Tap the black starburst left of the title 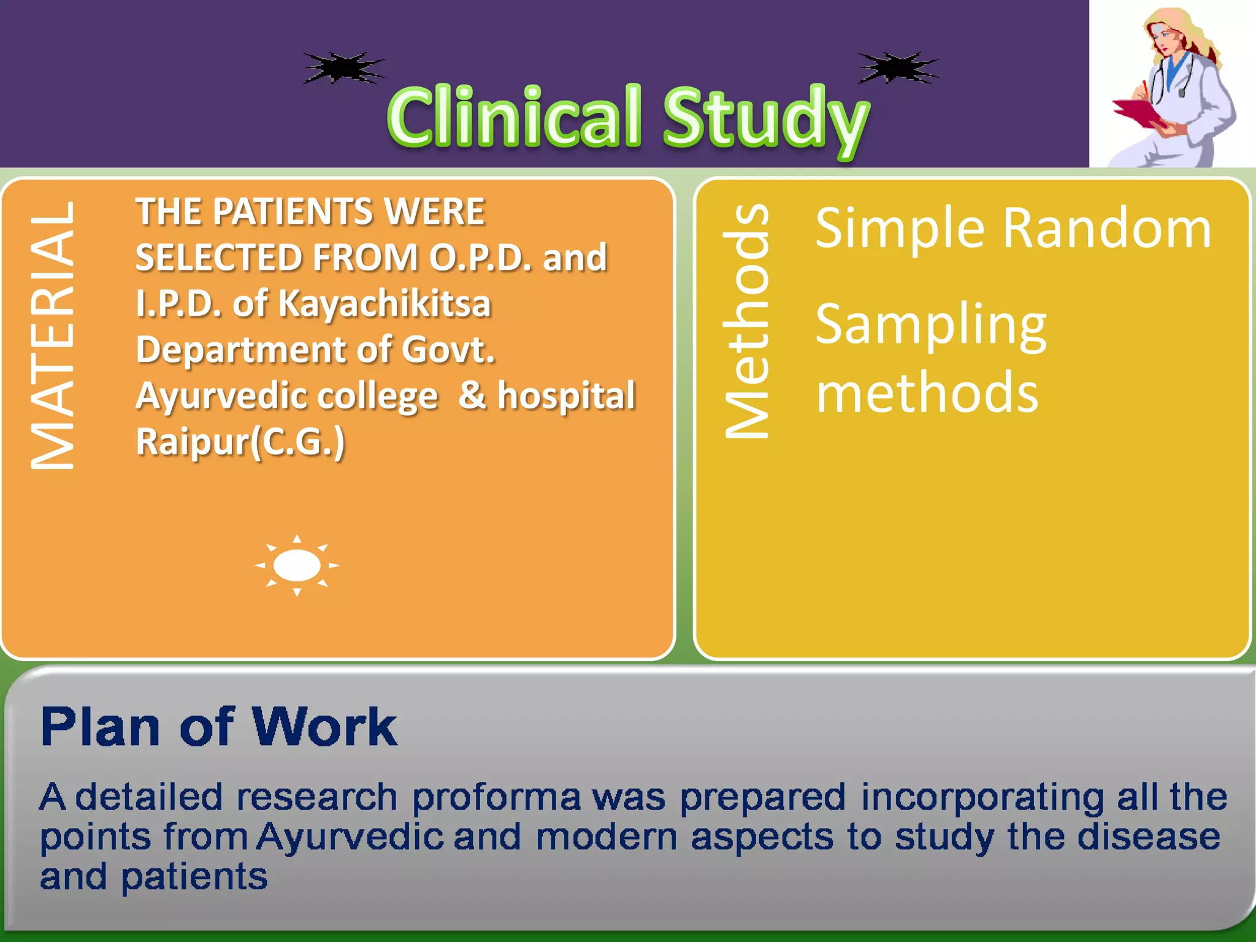pos(343,67)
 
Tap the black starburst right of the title pos(898,67)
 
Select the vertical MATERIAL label pos(53,336)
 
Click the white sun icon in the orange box pos(297,565)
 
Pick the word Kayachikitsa pos(385,304)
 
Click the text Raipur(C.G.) pos(240,442)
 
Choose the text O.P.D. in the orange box pos(480,258)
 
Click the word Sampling pos(930,326)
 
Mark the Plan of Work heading pos(219,727)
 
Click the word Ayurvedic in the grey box pos(350,837)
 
